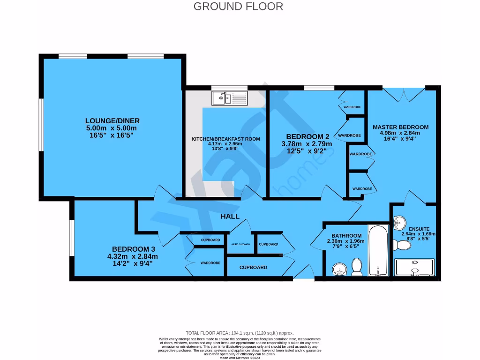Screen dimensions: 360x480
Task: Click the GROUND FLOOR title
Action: click(238, 7)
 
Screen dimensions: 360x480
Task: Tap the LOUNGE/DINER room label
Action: click(112, 121)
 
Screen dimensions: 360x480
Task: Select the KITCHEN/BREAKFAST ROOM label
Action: click(225, 139)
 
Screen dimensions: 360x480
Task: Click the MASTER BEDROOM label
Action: click(400, 127)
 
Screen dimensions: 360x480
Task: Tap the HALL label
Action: click(230, 216)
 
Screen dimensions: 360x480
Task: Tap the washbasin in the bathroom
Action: click(338, 269)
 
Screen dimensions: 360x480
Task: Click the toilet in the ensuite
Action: click(401, 245)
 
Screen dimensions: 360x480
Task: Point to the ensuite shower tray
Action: click(415, 267)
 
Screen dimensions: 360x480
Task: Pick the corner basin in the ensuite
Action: click(399, 222)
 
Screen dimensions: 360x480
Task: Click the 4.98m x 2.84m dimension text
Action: click(400, 133)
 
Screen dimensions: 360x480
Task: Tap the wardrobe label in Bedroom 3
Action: click(210, 263)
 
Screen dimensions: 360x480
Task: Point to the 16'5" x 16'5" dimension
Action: click(112, 135)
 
